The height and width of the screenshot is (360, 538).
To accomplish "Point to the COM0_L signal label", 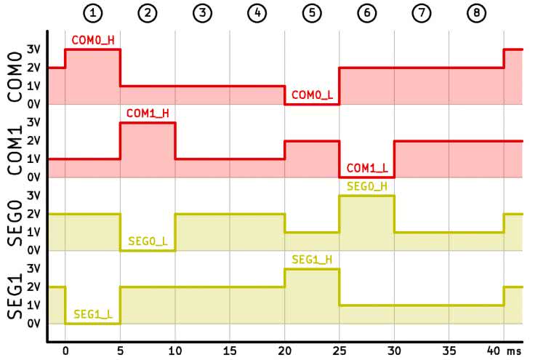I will pos(312,95).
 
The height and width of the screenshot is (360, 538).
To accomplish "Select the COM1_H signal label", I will pos(148,113).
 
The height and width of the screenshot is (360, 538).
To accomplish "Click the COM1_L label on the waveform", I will pos(366,168).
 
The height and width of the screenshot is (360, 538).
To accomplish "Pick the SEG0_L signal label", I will pos(148,241).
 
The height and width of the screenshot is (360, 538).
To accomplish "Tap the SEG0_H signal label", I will pos(366,187).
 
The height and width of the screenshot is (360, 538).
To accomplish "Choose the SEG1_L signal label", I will pos(92,314).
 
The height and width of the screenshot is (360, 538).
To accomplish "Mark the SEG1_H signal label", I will pos(312,260).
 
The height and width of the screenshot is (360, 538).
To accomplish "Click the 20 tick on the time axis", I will pos(284,350).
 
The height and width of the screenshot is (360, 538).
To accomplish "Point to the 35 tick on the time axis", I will pos(449,350).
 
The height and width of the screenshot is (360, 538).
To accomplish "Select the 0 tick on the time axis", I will pos(65,350).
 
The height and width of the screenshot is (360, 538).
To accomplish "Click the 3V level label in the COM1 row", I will pos(33,122).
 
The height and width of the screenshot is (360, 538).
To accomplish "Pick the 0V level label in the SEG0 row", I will pos(33,250).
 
